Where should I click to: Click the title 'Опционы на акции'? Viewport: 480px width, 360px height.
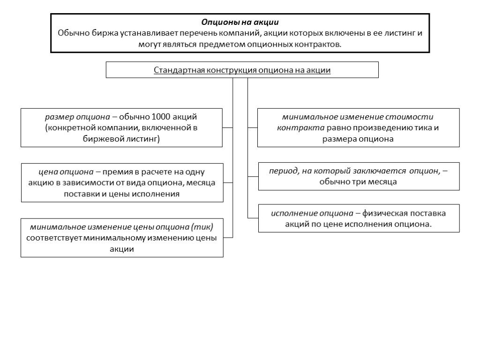click(240, 22)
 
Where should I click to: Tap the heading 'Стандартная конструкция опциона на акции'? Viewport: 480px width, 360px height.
click(242, 70)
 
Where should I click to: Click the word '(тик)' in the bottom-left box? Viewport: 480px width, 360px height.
click(202, 227)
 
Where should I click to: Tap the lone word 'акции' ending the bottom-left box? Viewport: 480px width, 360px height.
click(122, 249)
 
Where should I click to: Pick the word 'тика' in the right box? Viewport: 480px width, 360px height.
click(419, 128)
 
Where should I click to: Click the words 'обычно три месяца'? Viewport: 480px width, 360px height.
click(358, 182)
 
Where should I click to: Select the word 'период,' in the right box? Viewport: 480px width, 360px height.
click(284, 171)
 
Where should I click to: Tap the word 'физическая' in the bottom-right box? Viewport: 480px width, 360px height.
click(386, 213)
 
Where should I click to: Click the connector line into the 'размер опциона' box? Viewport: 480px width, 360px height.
click(228, 127)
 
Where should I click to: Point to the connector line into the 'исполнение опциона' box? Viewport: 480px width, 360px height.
click(253, 218)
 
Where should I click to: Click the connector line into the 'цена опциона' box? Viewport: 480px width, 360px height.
click(228, 183)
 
